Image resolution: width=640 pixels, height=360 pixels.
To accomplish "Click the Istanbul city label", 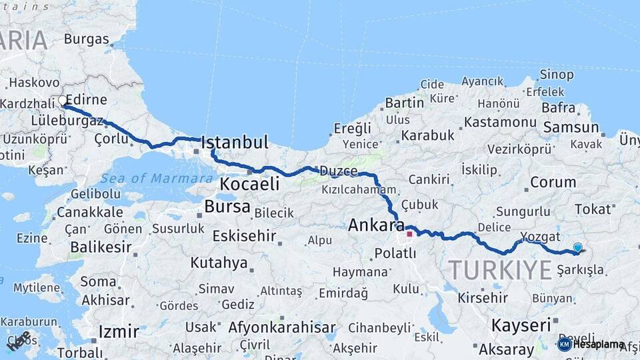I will [234, 142].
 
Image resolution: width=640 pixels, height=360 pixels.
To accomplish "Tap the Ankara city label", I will [377, 225].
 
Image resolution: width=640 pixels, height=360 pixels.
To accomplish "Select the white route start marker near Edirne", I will [63, 101].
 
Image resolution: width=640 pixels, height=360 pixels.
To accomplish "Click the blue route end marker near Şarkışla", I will [577, 247].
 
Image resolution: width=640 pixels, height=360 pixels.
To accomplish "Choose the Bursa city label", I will [227, 206].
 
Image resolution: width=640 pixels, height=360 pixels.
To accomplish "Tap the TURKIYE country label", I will [500, 270].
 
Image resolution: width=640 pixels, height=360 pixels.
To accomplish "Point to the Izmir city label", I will [118, 331].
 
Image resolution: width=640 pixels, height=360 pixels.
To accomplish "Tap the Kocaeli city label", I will [249, 184].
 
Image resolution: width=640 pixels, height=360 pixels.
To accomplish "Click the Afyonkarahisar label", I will [282, 327].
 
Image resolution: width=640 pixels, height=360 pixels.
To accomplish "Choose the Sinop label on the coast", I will [557, 74].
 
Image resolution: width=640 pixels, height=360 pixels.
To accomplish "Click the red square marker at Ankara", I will [409, 234].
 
